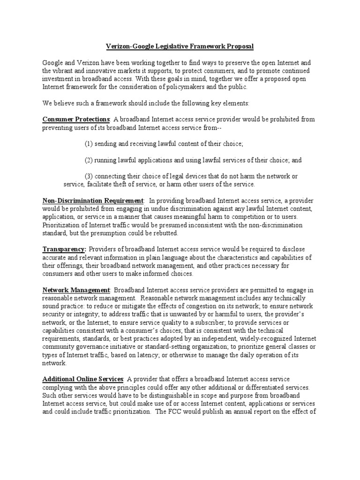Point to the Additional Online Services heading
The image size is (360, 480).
click(x=83, y=379)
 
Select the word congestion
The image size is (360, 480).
click(x=235, y=307)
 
